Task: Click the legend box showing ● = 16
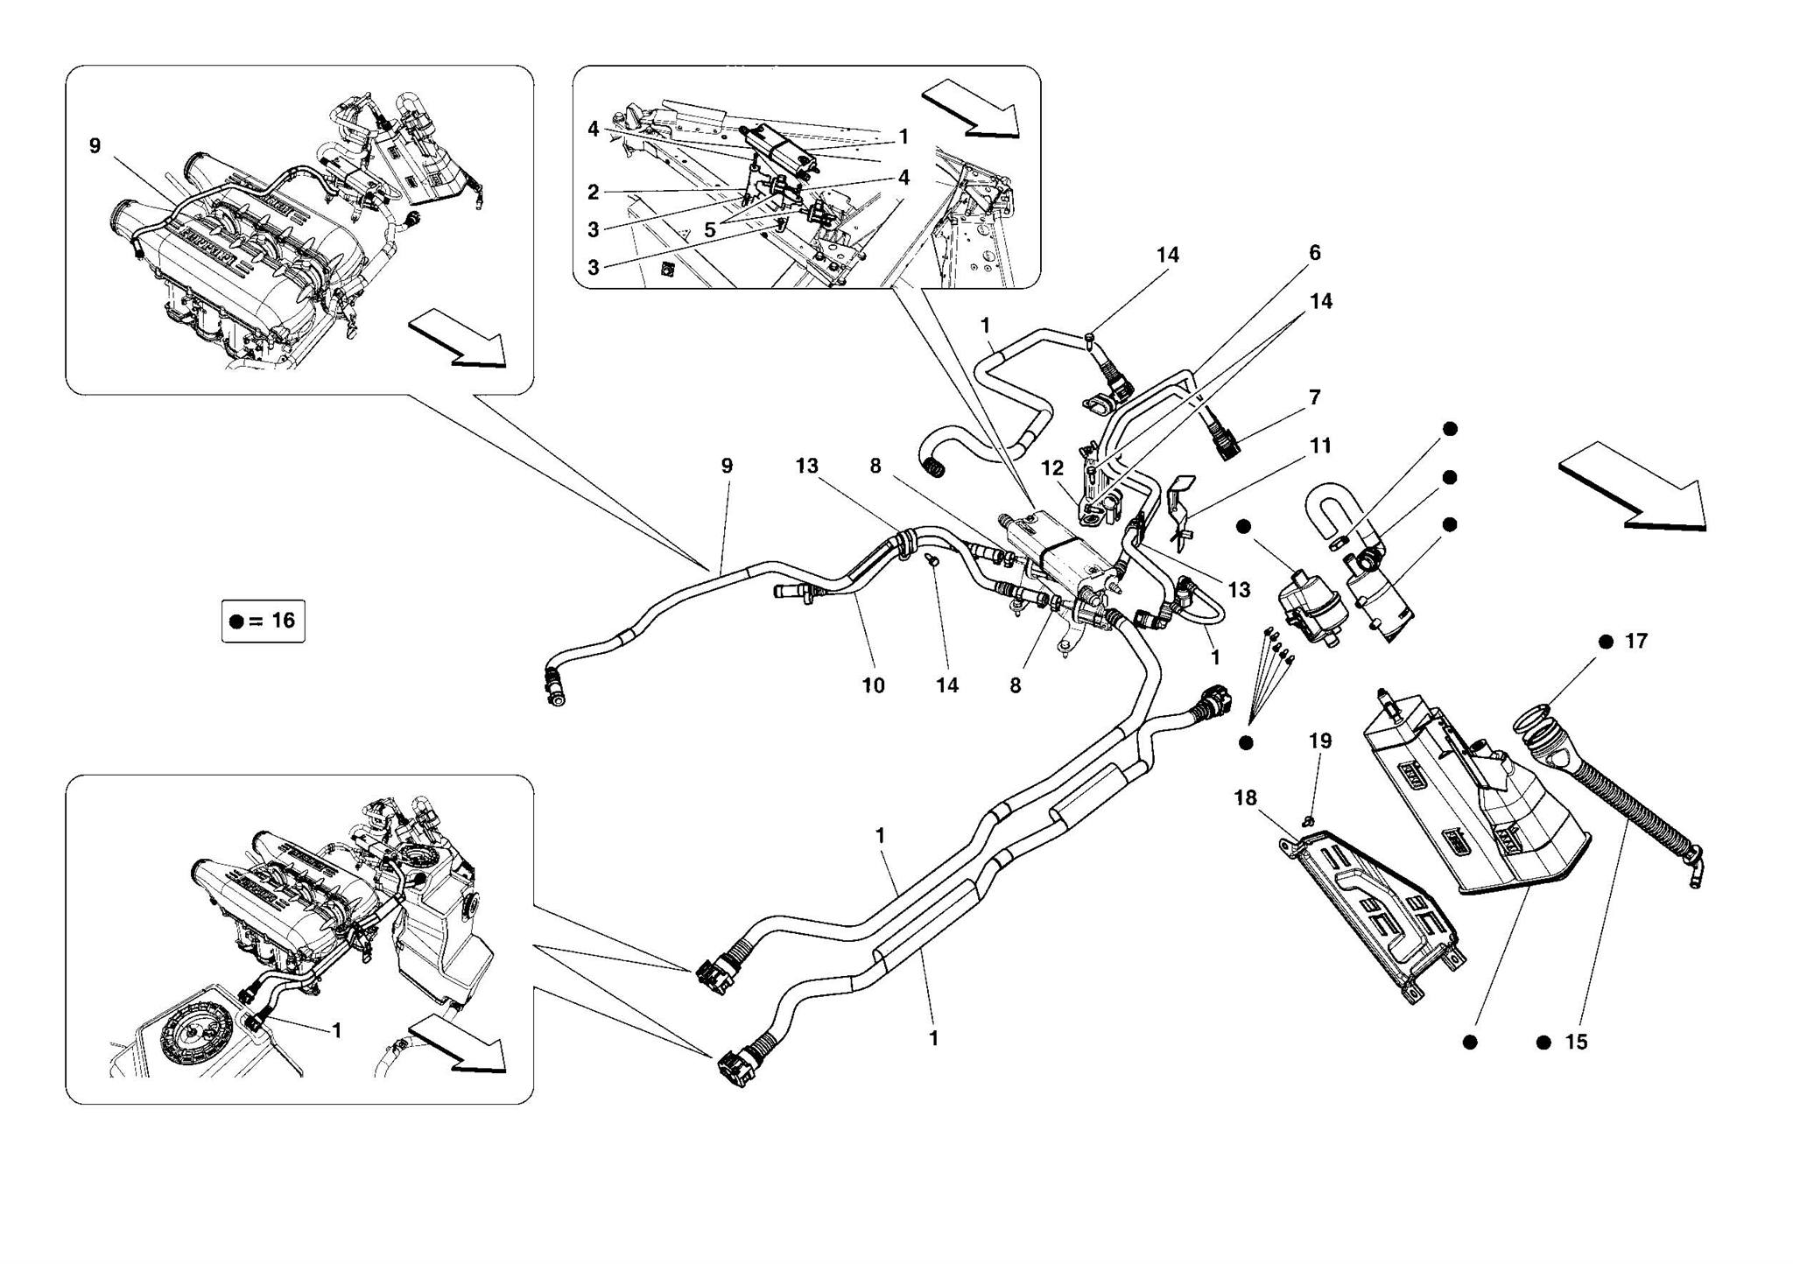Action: (263, 621)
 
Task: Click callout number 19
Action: (1320, 741)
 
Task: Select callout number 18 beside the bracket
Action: (1245, 798)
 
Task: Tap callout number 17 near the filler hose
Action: (1635, 642)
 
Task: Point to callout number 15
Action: (1576, 1043)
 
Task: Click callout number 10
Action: (873, 685)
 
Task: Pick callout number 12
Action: (1052, 468)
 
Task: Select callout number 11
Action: (1320, 446)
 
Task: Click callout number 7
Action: (1314, 397)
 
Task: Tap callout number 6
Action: (1314, 253)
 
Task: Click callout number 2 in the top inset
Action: (593, 193)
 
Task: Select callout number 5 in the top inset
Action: (710, 230)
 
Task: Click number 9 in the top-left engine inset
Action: (95, 146)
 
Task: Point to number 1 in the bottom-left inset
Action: (336, 1031)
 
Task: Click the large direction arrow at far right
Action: (1634, 488)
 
